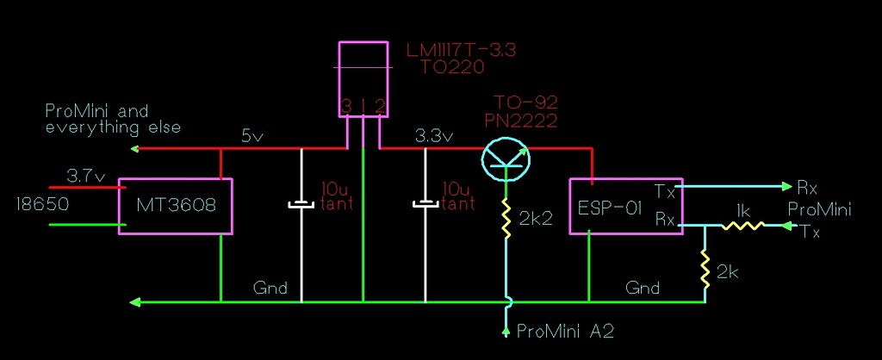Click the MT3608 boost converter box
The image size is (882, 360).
[176, 207]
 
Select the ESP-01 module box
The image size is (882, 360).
[624, 206]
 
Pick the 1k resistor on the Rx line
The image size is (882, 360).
[743, 227]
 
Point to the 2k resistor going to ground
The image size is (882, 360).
[705, 270]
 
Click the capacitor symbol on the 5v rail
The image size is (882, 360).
[301, 205]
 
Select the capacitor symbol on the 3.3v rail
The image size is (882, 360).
[425, 205]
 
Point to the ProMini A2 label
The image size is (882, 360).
[564, 331]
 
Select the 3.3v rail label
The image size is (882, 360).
[432, 135]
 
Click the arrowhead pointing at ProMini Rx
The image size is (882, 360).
[786, 186]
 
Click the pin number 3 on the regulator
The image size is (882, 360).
[346, 106]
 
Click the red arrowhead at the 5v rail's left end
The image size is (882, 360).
[136, 148]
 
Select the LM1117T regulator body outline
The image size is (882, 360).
[363, 78]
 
